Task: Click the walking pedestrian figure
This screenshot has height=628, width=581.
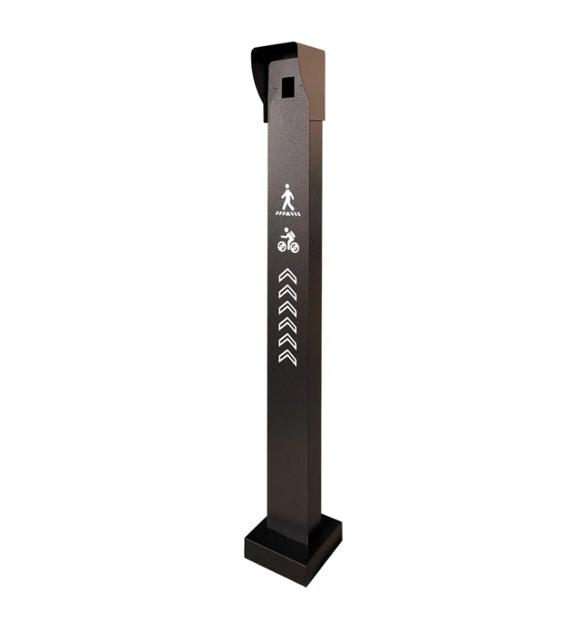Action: point(287,198)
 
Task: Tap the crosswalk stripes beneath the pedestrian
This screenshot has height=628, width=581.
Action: point(287,213)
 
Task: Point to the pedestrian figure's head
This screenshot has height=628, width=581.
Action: point(287,187)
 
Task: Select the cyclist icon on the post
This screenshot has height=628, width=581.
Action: point(288,241)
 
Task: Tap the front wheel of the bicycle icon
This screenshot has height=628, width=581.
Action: point(294,247)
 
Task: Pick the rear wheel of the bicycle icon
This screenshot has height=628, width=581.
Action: point(282,245)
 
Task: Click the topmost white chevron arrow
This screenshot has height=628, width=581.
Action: point(287,276)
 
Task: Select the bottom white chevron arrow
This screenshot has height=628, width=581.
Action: point(287,357)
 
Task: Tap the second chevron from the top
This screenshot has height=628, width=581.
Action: point(287,292)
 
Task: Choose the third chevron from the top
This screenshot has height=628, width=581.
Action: point(287,308)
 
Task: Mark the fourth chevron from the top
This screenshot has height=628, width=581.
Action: point(287,324)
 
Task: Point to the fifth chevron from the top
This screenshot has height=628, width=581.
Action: point(287,341)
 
